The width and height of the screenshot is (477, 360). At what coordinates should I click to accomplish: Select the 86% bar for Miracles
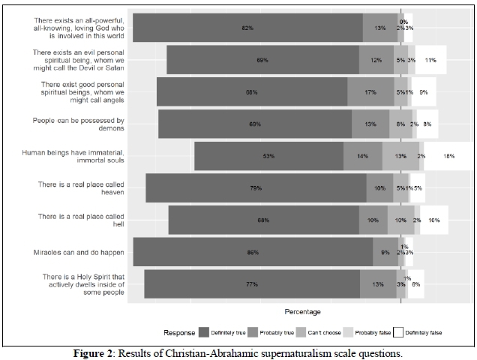coord(253,252)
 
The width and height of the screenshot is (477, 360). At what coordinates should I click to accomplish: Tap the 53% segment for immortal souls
coord(268,156)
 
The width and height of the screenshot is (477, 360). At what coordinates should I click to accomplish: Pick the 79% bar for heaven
coord(256,188)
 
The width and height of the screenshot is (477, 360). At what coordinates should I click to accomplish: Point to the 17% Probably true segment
coord(370,92)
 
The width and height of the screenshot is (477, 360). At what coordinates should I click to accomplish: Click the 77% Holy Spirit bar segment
coord(252,284)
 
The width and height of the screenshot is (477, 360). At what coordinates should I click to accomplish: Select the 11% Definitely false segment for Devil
coord(430,60)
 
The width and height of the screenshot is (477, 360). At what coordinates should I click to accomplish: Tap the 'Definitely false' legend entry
coord(417,331)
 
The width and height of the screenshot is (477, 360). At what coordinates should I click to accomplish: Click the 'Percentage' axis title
coord(303,311)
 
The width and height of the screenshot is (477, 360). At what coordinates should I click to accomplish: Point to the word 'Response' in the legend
coord(179,331)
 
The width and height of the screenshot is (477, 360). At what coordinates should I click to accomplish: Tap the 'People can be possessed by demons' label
coord(79,124)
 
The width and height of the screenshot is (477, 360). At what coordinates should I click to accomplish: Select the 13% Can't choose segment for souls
coord(400,156)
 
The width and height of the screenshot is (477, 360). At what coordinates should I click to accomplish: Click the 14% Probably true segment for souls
coord(363,156)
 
